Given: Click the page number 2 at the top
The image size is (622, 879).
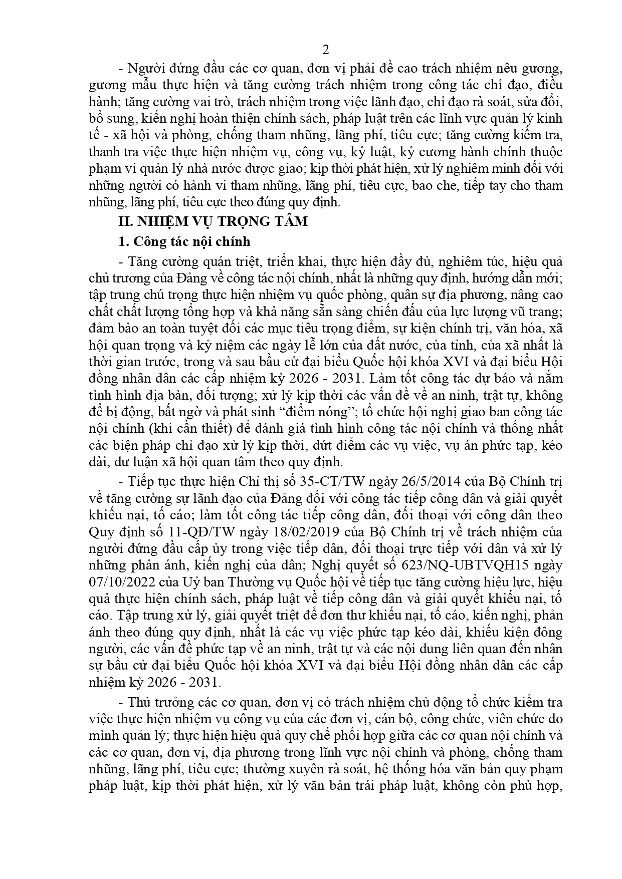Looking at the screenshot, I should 325,50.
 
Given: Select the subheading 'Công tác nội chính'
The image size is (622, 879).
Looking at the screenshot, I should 190,241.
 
